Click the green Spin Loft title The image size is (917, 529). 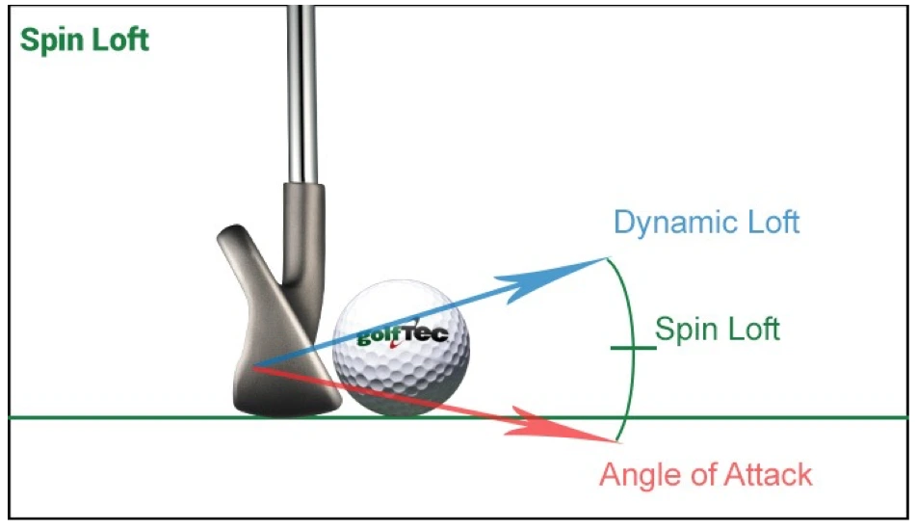[84, 40]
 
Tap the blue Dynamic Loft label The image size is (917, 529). [706, 223]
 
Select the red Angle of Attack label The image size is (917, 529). [706, 474]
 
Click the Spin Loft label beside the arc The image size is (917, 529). [717, 330]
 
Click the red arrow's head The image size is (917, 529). [562, 426]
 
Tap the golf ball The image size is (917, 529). [401, 348]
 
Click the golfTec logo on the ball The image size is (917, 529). [403, 334]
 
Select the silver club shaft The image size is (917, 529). [302, 94]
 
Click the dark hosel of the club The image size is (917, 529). [303, 234]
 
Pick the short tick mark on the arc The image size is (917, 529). [633, 348]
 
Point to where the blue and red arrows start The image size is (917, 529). [253, 367]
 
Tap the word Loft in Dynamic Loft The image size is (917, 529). [766, 222]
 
